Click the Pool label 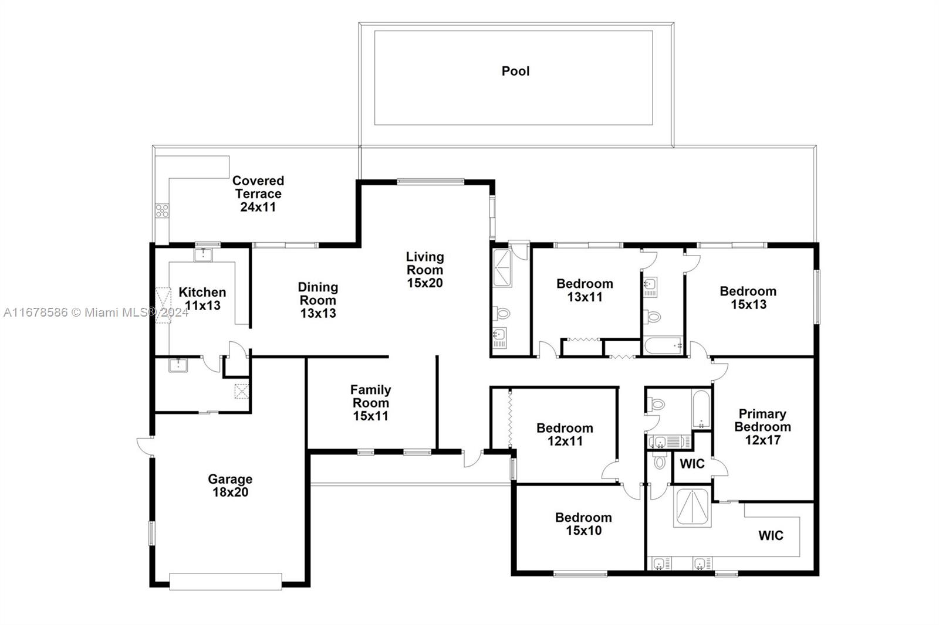click(x=515, y=71)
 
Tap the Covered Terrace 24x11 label click(x=258, y=193)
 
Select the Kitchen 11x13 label click(x=202, y=298)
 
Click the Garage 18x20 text click(x=230, y=485)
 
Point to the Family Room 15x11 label click(x=370, y=403)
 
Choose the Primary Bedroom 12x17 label click(x=762, y=427)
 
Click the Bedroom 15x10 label click(x=583, y=524)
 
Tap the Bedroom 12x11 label click(x=565, y=434)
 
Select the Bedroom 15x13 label click(x=748, y=297)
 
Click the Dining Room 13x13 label click(x=318, y=300)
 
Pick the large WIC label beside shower click(x=770, y=535)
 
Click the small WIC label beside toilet click(x=692, y=464)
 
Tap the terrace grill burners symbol click(x=162, y=210)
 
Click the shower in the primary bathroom click(x=692, y=507)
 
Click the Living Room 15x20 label click(x=424, y=270)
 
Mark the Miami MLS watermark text click(x=96, y=312)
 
